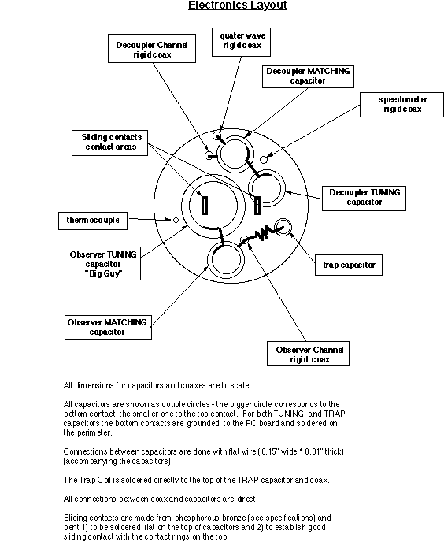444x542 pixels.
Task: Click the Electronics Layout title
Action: coord(238,6)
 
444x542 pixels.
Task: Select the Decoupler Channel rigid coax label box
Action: coord(152,48)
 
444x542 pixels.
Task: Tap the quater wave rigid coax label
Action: coord(241,43)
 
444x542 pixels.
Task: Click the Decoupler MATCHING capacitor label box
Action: coord(308,76)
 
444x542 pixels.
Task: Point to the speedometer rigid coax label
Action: coord(401,105)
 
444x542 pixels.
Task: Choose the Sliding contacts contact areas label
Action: coord(110,143)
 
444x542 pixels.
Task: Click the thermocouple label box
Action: coord(93,221)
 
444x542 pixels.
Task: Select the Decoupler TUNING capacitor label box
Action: coord(364,199)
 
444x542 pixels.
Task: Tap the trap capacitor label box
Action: coord(349,265)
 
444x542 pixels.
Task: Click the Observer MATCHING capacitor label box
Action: coord(108,328)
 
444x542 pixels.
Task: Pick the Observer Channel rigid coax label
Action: coord(309,353)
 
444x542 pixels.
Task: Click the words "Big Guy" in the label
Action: coord(104,274)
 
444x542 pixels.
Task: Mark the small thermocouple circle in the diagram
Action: coord(176,220)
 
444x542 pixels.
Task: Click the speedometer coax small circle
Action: coord(264,160)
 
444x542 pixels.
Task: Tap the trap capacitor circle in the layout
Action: coord(283,227)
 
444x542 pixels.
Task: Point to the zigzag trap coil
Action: coord(263,233)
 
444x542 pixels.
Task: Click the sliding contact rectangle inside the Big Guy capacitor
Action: coord(205,206)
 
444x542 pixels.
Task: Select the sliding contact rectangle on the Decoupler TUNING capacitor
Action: coord(257,206)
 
